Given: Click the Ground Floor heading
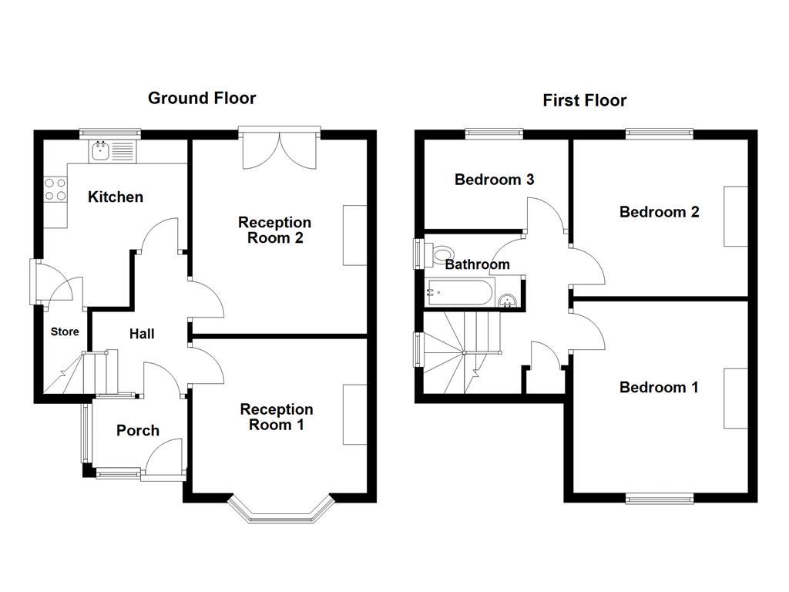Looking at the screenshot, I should click(202, 98).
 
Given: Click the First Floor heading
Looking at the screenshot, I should click(584, 100).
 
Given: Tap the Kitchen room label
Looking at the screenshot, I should click(116, 197).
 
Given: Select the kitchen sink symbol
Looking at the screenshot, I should click(100, 151).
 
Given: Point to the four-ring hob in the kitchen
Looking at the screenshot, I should click(55, 190).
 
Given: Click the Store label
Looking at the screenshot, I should click(65, 332).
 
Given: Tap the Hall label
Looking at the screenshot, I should click(142, 334).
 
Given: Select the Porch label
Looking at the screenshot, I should click(138, 430).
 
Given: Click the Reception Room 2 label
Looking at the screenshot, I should click(275, 230).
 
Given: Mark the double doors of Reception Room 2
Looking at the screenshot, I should click(279, 148).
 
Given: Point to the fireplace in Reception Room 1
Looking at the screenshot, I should click(355, 414).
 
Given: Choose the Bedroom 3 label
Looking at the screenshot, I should click(495, 180).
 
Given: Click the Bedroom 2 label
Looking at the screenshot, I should click(660, 211).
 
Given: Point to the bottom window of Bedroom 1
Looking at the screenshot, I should click(659, 499).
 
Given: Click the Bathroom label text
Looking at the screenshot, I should click(478, 264).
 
